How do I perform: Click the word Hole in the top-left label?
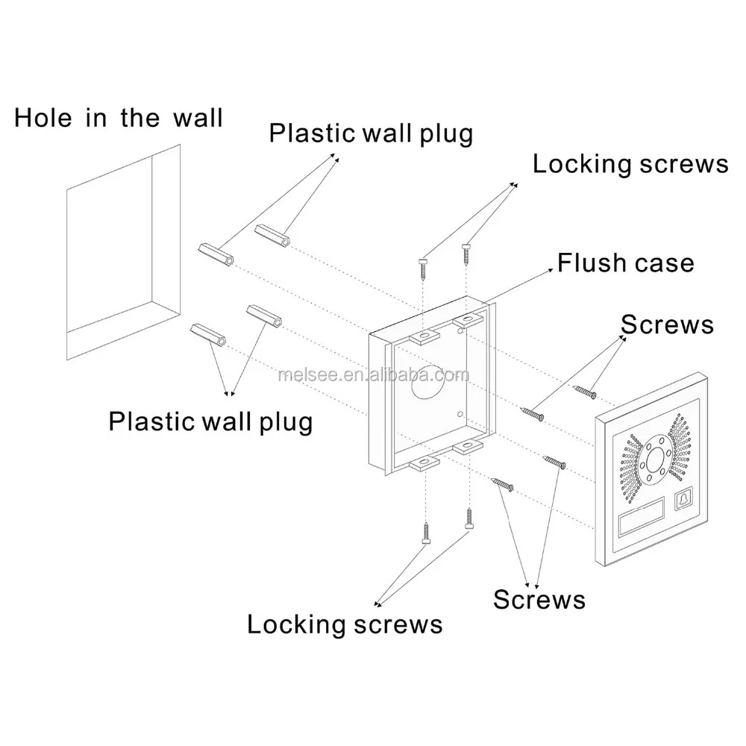(x=43, y=118)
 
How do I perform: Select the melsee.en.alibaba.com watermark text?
(x=374, y=375)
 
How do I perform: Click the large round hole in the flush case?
(x=428, y=381)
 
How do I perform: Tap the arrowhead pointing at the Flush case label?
(x=550, y=270)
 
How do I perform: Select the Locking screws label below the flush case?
(x=345, y=624)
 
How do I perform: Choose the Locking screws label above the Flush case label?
(x=630, y=164)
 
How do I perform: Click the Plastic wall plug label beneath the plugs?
(x=210, y=422)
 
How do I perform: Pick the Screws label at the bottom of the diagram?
(x=539, y=600)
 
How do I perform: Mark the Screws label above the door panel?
(x=667, y=325)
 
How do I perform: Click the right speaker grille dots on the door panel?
(x=680, y=447)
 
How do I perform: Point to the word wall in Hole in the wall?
(x=198, y=118)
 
